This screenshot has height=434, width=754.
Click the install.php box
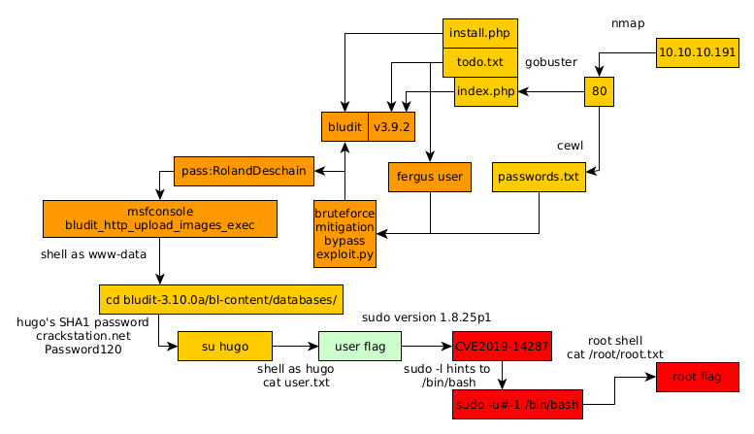[479, 33]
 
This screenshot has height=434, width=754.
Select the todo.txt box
[479, 62]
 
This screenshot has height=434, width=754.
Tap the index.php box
[485, 92]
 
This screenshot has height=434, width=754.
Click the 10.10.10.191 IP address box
[697, 51]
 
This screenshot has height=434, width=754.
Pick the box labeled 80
[599, 92]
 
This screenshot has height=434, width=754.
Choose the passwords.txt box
[540, 177]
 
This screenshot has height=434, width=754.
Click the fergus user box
[429, 177]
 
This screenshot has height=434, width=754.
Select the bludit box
[344, 127]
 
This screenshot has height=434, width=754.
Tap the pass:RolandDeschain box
[244, 171]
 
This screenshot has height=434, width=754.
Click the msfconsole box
[159, 218]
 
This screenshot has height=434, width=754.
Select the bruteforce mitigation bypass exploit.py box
[344, 234]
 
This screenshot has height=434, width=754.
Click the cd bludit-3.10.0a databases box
[221, 299]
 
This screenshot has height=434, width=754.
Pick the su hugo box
[225, 346]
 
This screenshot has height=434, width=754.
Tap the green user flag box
[360, 346]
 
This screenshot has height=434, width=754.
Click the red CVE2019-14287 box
[502, 346]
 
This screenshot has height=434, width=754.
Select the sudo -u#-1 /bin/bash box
[516, 404]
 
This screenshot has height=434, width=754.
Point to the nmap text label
[627, 21]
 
